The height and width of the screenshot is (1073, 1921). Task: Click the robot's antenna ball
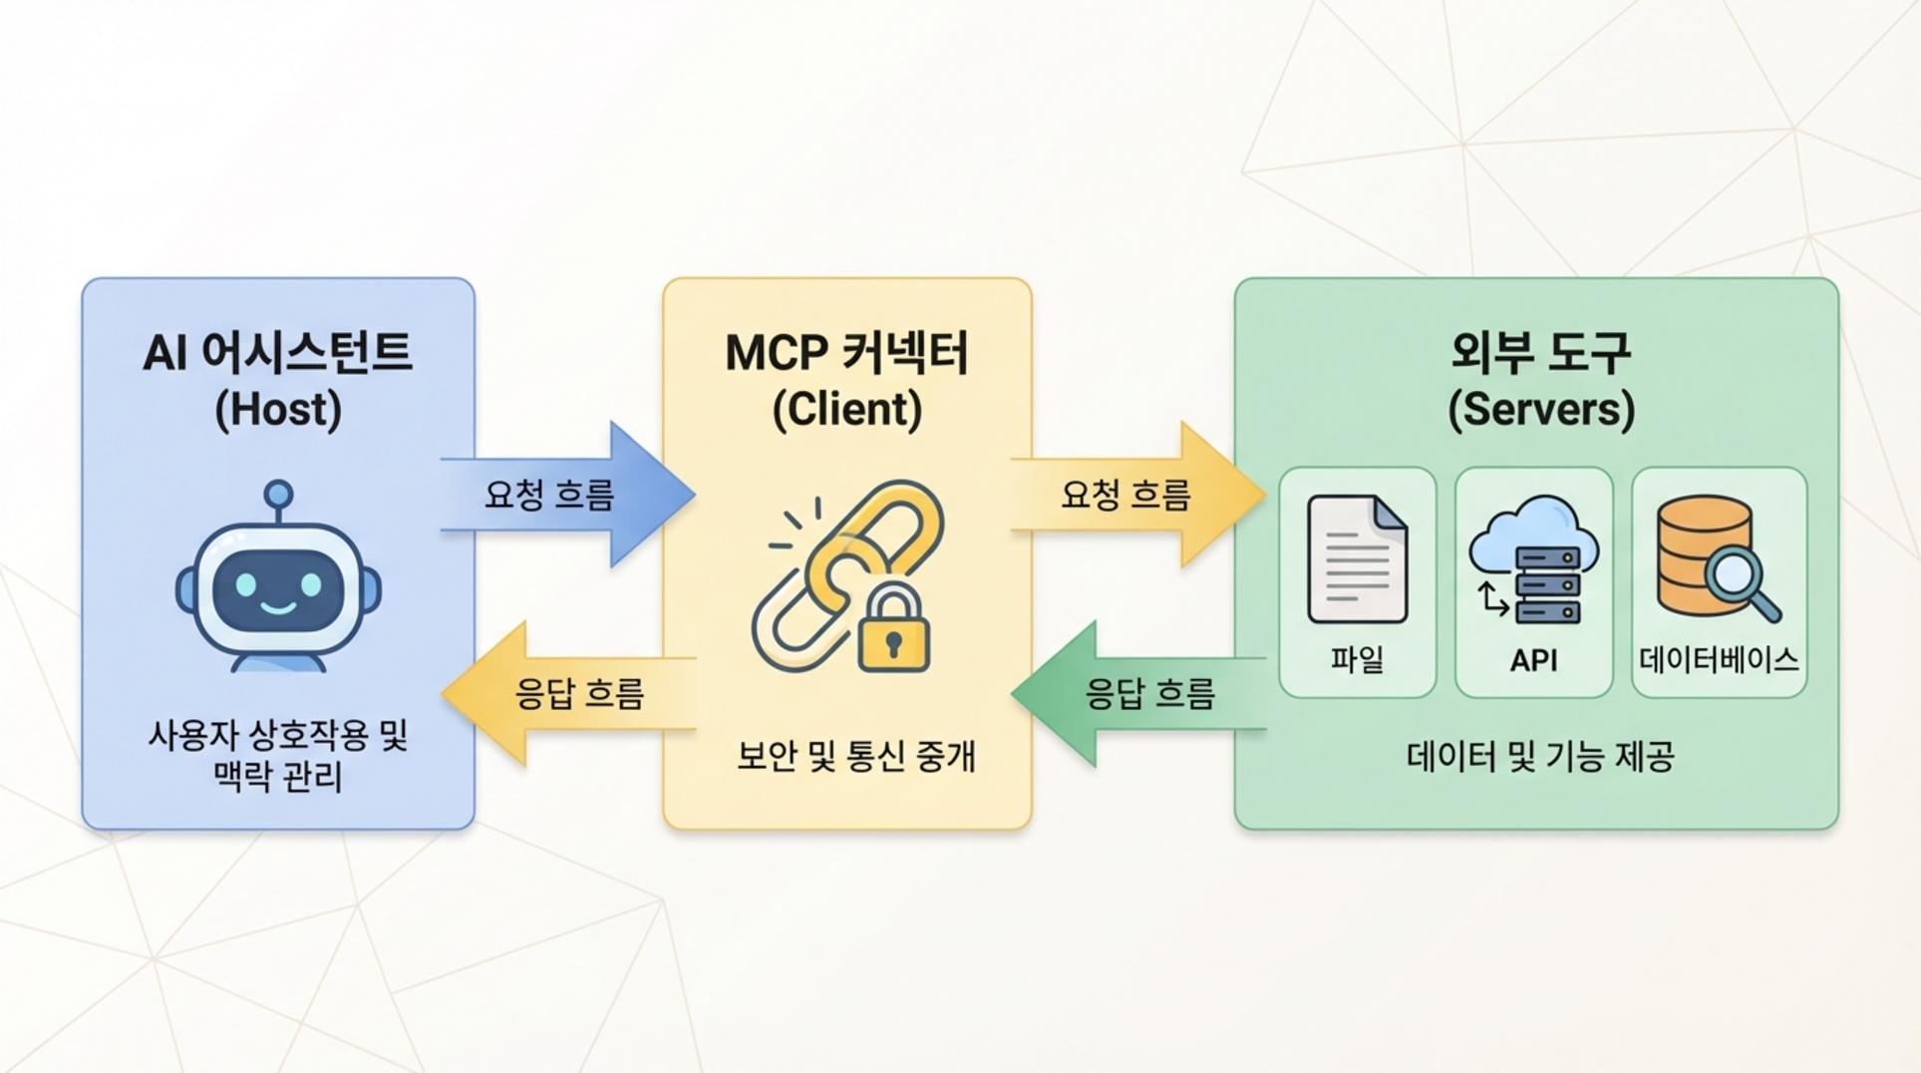(x=278, y=494)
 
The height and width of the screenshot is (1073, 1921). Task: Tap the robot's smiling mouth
(x=278, y=606)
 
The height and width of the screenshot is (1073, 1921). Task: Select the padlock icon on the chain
(x=893, y=630)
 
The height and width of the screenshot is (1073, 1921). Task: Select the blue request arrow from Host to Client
(x=568, y=495)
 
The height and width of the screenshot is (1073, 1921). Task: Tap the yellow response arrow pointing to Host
(x=568, y=693)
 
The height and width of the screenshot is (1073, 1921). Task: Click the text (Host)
(x=278, y=409)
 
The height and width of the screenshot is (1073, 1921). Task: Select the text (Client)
(x=847, y=409)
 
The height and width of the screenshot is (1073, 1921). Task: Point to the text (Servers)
(x=1540, y=409)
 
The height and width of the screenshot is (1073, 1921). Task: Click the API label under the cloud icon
(x=1533, y=660)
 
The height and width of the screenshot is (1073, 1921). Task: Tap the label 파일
(x=1357, y=659)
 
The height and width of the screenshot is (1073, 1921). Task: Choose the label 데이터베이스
(x=1719, y=659)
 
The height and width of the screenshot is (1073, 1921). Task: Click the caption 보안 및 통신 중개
(x=855, y=756)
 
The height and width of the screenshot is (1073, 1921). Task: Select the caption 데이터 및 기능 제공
(x=1540, y=757)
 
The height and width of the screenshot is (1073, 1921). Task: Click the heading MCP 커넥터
(x=847, y=353)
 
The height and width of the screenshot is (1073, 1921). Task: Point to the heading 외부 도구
(x=1540, y=353)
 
